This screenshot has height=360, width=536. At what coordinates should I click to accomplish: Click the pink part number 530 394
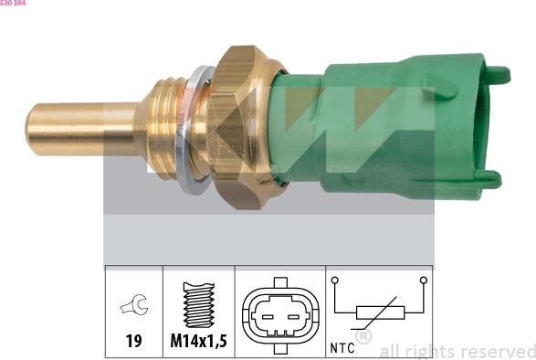pos(13,3)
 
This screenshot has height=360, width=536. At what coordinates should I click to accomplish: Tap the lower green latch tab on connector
pos(489,180)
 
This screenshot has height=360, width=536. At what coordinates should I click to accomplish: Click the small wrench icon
pos(134,304)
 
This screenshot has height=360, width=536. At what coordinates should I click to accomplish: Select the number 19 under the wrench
pos(133,341)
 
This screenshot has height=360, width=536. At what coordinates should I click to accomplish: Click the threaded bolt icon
pos(199,304)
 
